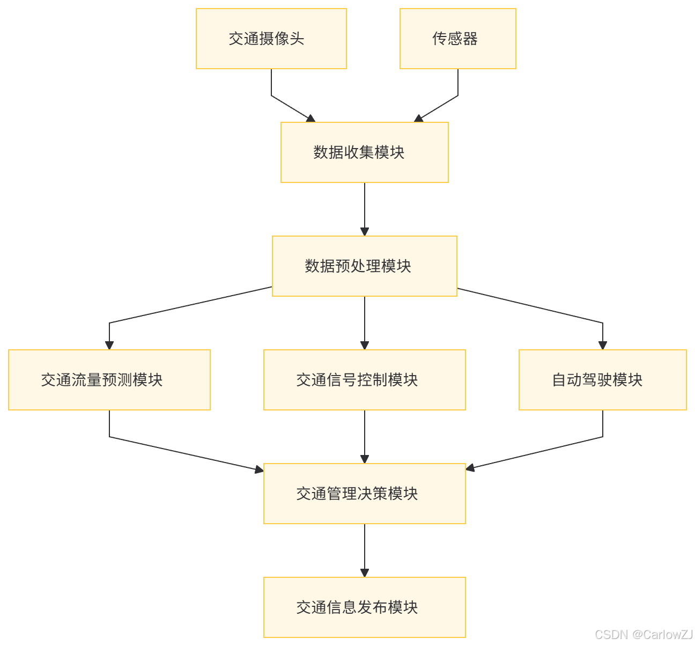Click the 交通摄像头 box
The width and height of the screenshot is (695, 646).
pos(271,39)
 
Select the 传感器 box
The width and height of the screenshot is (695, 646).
pos(457,39)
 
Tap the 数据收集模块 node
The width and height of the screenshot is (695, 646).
pos(364,152)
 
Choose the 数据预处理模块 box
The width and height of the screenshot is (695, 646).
pos(364,266)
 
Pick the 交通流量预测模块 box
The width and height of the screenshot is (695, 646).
pos(109,380)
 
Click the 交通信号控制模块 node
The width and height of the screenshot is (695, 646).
pos(364,380)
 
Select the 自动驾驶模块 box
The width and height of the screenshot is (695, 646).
pos(602,380)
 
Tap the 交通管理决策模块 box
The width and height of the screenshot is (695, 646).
pos(364,494)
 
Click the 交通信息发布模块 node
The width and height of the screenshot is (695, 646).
pos(364,607)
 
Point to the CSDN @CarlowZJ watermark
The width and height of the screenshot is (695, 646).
pos(643,634)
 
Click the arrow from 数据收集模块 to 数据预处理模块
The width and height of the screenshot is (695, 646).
pos(365,209)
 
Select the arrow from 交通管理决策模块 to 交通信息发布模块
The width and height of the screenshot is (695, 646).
pos(365,550)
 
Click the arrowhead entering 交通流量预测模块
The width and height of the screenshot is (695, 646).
pos(109,345)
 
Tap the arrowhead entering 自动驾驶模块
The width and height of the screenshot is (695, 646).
pos(603,345)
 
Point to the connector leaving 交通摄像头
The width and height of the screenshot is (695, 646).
pos(271,86)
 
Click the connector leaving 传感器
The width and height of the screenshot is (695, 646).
pos(458,86)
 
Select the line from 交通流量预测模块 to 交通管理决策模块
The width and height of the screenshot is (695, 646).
pos(182,453)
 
